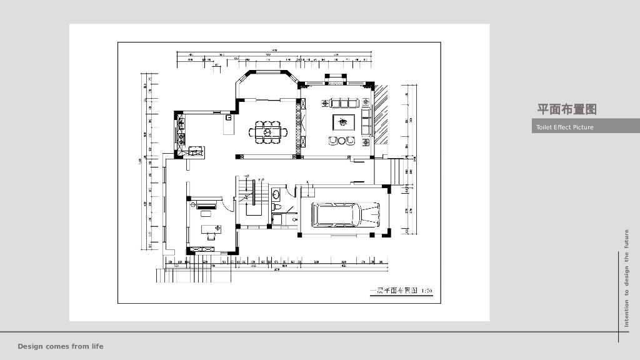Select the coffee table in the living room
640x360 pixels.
[x=343, y=121]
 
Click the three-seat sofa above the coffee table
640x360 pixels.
[x=343, y=102]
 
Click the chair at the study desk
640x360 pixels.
[x=211, y=237]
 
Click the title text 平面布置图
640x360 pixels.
[x=567, y=109]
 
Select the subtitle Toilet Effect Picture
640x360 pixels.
[x=564, y=127]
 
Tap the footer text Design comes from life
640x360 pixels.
[x=61, y=346]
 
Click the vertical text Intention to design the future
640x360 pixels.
[x=627, y=278]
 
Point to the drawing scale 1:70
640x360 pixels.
[x=427, y=291]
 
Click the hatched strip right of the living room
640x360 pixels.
[x=381, y=119]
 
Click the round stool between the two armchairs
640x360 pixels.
[x=342, y=141]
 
